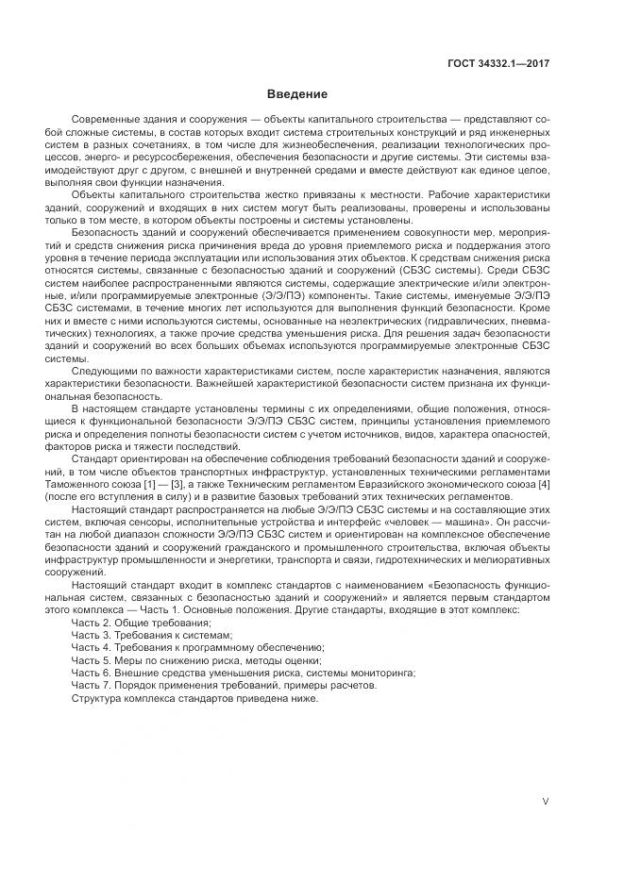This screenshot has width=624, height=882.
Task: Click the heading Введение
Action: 296,94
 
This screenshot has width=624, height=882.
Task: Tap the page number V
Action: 546,802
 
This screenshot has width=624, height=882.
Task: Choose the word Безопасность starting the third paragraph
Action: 106,232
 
